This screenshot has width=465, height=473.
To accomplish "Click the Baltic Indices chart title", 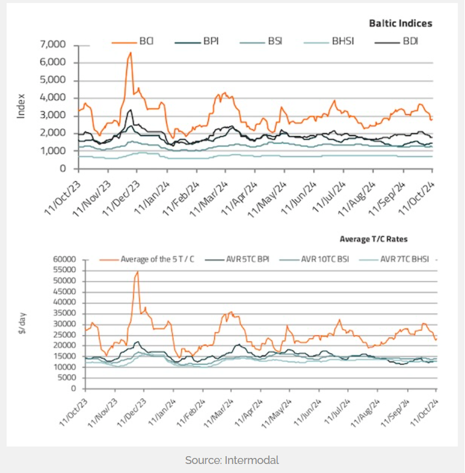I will (400, 23).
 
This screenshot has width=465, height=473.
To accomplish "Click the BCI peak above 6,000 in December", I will (130, 53).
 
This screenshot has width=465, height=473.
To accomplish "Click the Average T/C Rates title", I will (374, 239).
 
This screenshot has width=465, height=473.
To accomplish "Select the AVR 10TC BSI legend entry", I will (325, 259).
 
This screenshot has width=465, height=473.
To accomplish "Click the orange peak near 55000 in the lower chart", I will (137, 271).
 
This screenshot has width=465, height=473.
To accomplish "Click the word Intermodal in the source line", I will (252, 460).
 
